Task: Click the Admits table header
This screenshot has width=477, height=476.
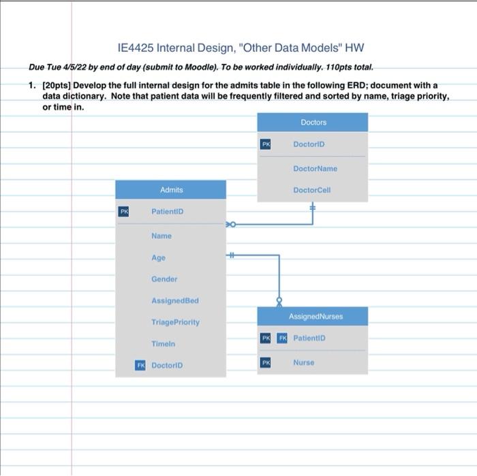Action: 171,190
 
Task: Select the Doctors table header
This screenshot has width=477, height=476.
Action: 313,123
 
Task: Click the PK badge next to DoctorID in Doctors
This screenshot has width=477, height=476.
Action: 266,144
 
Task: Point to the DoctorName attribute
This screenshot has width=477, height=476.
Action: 315,168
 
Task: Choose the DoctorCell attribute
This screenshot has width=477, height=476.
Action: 311,190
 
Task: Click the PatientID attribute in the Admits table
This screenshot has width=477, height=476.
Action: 167,212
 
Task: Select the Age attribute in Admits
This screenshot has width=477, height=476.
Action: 158,258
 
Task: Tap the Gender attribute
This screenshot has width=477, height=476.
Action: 164,279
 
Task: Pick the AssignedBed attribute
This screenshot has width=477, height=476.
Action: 174,300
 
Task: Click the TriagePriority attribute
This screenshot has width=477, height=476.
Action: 175,322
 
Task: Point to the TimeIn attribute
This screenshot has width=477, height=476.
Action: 163,344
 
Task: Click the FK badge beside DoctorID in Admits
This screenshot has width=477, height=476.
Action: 140,366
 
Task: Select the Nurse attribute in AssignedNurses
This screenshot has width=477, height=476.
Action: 303,363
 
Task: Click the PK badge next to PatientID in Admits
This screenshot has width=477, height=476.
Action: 124,212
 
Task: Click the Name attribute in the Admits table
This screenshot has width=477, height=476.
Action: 161,236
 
